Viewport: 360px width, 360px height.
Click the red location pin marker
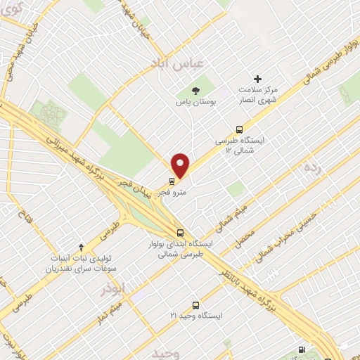pos(181,165)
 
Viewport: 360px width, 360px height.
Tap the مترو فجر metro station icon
pos(172,179)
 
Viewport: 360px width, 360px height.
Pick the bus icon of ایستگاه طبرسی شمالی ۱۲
pos(240,129)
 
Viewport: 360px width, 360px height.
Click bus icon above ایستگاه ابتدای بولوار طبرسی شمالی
pos(181,233)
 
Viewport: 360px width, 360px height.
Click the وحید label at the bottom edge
pos(165,352)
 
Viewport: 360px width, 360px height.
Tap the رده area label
pos(311,167)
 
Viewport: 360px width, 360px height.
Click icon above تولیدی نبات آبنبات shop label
pos(82,247)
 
